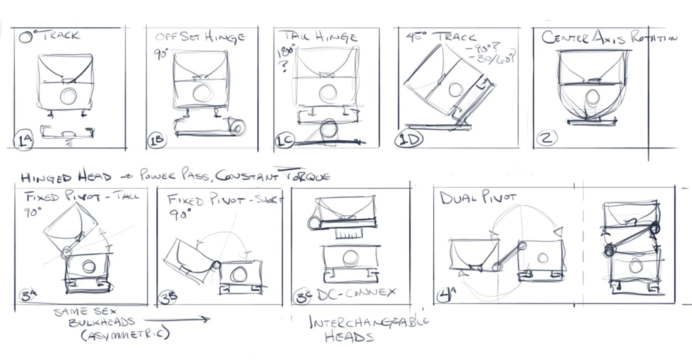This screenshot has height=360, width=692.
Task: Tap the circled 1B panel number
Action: point(156,141)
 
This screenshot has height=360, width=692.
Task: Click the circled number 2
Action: point(547,138)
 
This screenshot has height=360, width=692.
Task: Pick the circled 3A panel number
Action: point(28,295)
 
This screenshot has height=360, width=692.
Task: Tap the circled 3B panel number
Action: point(168,298)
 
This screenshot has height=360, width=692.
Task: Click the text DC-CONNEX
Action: point(356,294)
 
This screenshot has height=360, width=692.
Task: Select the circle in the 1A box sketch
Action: point(68,96)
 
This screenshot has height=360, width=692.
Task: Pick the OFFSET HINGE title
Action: point(200,37)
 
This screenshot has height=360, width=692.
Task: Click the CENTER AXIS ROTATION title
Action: point(609,38)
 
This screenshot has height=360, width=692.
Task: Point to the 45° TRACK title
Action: point(441,37)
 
